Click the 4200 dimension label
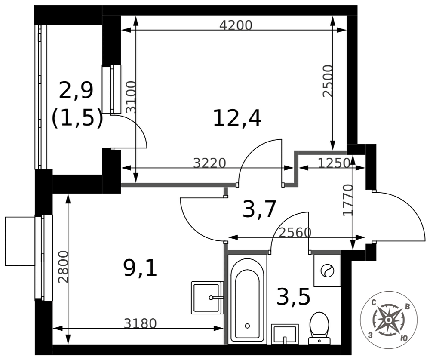pyautogui.click(x=236, y=25)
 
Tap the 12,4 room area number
pyautogui.click(x=237, y=118)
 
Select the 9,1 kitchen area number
pyautogui.click(x=140, y=268)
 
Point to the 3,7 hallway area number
pyautogui.click(x=259, y=209)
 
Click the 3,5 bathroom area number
pyautogui.click(x=293, y=296)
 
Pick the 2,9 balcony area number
pyautogui.click(x=76, y=90)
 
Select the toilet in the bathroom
pyautogui.click(x=319, y=328)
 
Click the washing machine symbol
pyautogui.click(x=327, y=271)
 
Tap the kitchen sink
pyautogui.click(x=207, y=298)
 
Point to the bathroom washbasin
pyautogui.click(x=285, y=334)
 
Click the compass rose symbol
pyautogui.click(x=388, y=320)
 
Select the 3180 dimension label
pyautogui.click(x=140, y=323)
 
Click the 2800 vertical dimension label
pyautogui.click(x=63, y=267)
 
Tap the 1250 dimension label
pyautogui.click(x=334, y=163)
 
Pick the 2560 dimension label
pyautogui.click(x=295, y=233)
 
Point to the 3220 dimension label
pyautogui.click(x=209, y=163)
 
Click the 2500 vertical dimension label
pyautogui.click(x=328, y=81)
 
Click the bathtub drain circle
pyautogui.click(x=247, y=326)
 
